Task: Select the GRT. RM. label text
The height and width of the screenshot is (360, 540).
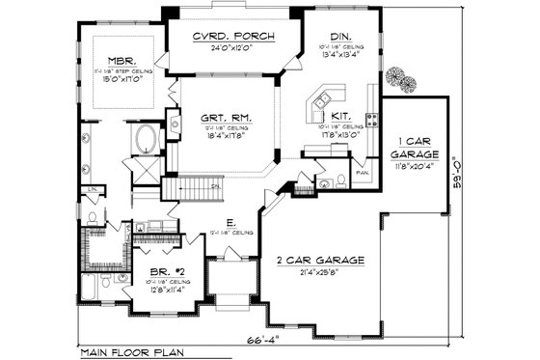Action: pos(226,120)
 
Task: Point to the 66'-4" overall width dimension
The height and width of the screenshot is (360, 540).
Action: pos(257,341)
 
